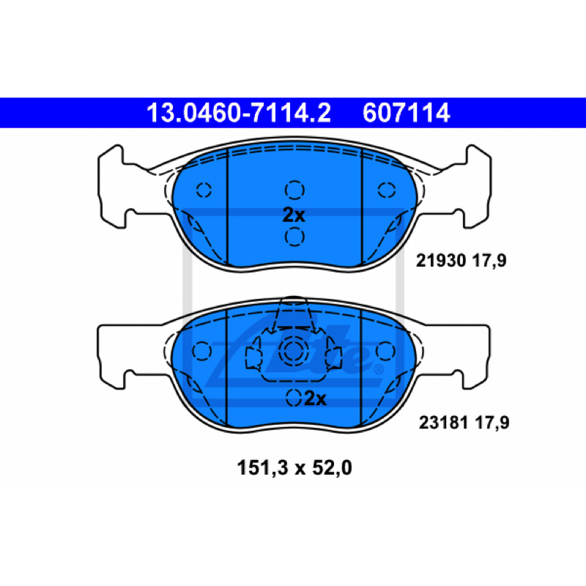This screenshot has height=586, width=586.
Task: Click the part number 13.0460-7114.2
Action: coord(239,113)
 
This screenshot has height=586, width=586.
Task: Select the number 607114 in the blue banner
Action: coord(407,113)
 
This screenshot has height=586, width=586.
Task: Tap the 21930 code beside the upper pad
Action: coord(441,261)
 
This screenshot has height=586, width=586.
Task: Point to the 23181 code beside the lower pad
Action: coord(444,423)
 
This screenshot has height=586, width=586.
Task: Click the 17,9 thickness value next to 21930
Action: coord(489,261)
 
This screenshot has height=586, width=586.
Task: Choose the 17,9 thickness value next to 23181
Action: coord(492,423)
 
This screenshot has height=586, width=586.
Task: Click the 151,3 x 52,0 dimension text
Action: coord(294,468)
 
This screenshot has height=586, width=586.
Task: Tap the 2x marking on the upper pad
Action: coord(294,215)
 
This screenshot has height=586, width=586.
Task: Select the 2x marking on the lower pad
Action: coord(316,398)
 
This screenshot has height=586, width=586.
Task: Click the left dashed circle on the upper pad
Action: coord(204,190)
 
